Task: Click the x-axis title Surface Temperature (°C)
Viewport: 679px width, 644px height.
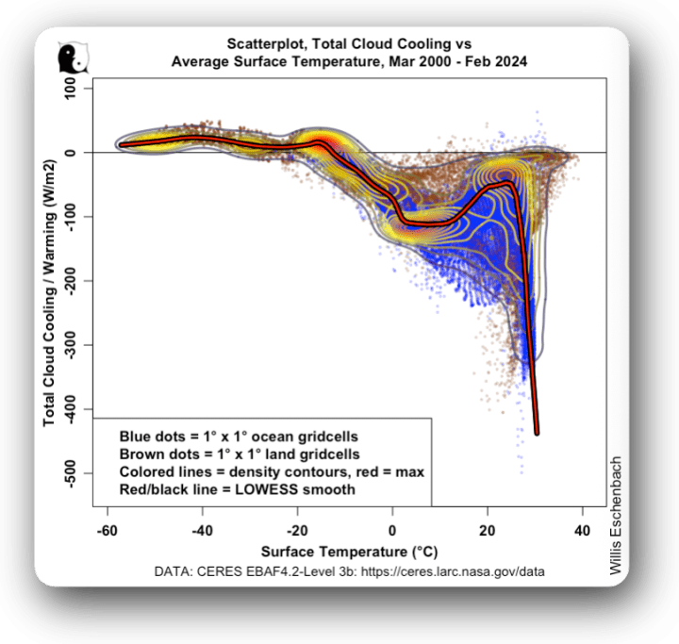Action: coord(343,551)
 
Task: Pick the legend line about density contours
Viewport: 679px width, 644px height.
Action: coord(272,471)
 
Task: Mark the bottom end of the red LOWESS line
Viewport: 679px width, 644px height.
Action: coord(537,432)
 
